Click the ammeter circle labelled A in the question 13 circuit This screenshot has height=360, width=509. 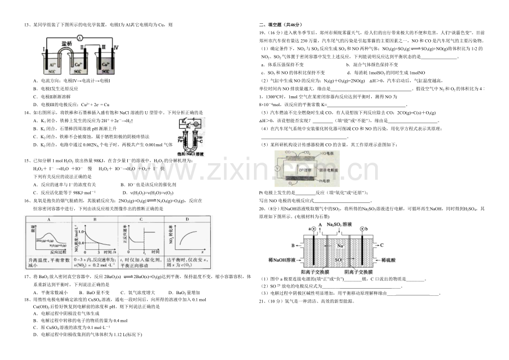click(79, 38)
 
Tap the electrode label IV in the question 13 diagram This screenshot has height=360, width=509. click(115, 49)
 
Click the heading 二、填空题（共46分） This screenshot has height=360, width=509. click(281, 25)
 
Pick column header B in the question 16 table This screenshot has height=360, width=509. click(94, 219)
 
